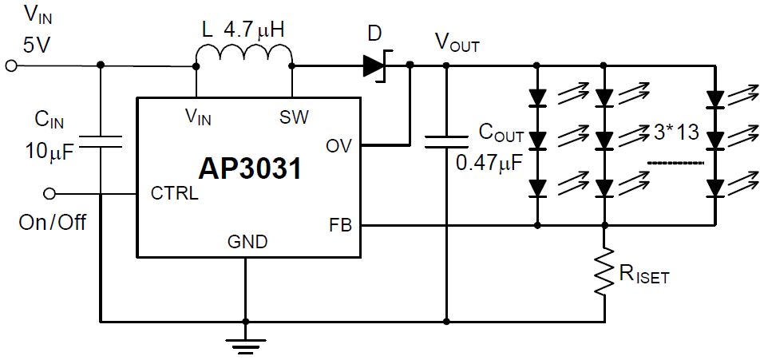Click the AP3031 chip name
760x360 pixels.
pyautogui.click(x=250, y=169)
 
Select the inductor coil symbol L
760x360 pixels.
pyautogui.click(x=245, y=56)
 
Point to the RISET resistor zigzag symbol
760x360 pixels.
pyautogui.click(x=604, y=273)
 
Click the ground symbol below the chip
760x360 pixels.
pyautogui.click(x=245, y=343)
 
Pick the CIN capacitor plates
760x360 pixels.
pyautogui.click(x=101, y=141)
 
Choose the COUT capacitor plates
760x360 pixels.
pyautogui.click(x=445, y=141)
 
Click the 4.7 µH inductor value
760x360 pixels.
pyautogui.click(x=255, y=31)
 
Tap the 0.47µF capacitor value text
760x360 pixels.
pyautogui.click(x=489, y=164)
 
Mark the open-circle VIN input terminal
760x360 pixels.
pyautogui.click(x=10, y=66)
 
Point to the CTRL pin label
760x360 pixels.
pyautogui.click(x=174, y=194)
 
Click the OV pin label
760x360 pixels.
pyautogui.click(x=338, y=146)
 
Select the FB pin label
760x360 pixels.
pyautogui.click(x=339, y=224)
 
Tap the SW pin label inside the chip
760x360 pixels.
pyautogui.click(x=294, y=117)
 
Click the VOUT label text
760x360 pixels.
pyautogui.click(x=457, y=42)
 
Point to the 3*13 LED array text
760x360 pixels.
pyautogui.click(x=675, y=133)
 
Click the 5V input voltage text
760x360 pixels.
pyautogui.click(x=36, y=45)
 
